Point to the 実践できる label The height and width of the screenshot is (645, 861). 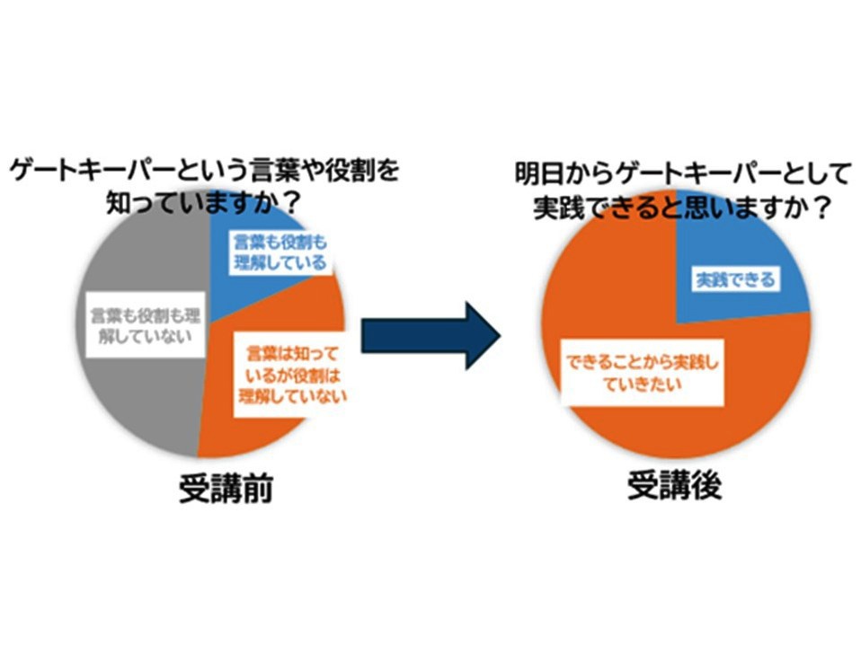[733, 279]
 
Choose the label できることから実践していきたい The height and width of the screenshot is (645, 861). [644, 376]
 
